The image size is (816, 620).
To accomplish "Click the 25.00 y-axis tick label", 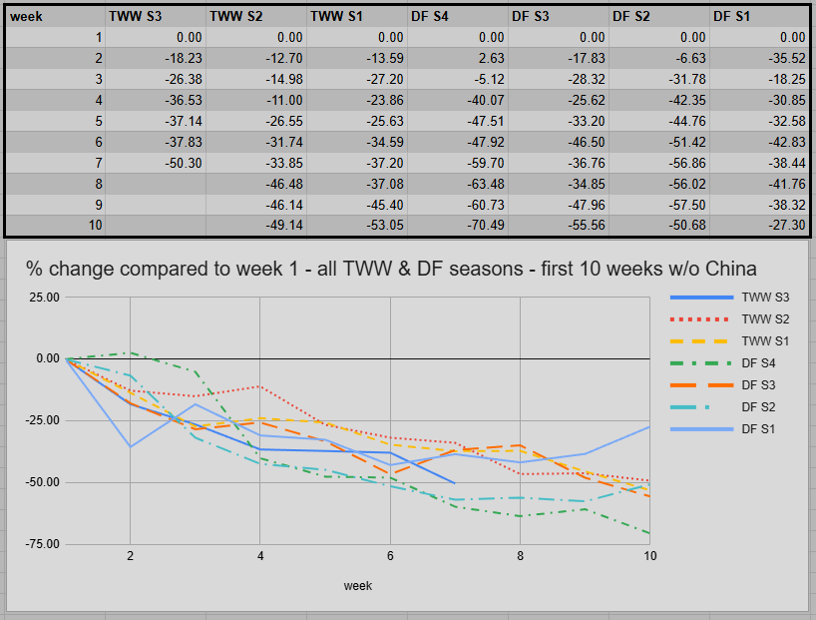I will [x=45, y=297].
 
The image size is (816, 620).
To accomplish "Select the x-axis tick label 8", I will [x=520, y=556].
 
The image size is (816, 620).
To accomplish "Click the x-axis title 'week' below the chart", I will [x=358, y=585].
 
